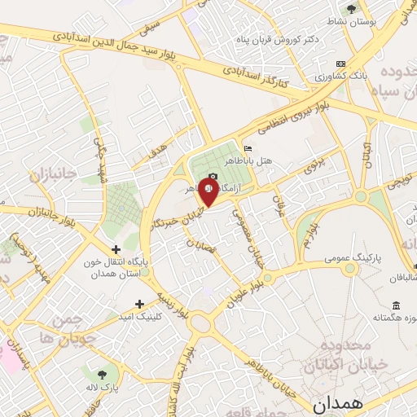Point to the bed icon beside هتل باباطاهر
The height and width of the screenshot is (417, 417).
248,147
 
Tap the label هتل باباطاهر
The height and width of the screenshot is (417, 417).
265,160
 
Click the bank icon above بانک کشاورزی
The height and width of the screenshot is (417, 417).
340,64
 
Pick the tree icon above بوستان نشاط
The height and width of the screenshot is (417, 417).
351,9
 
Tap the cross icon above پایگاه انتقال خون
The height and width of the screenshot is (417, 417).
116,249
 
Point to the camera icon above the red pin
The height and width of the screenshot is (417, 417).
213,177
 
